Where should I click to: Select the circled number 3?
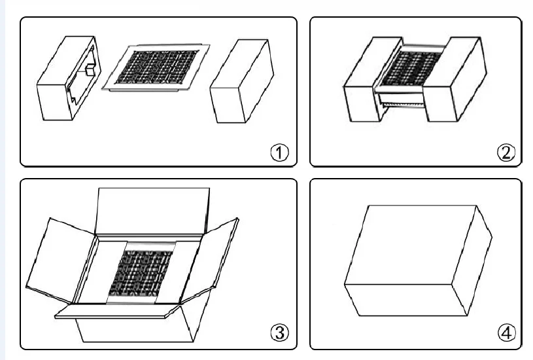[x=280, y=333]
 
